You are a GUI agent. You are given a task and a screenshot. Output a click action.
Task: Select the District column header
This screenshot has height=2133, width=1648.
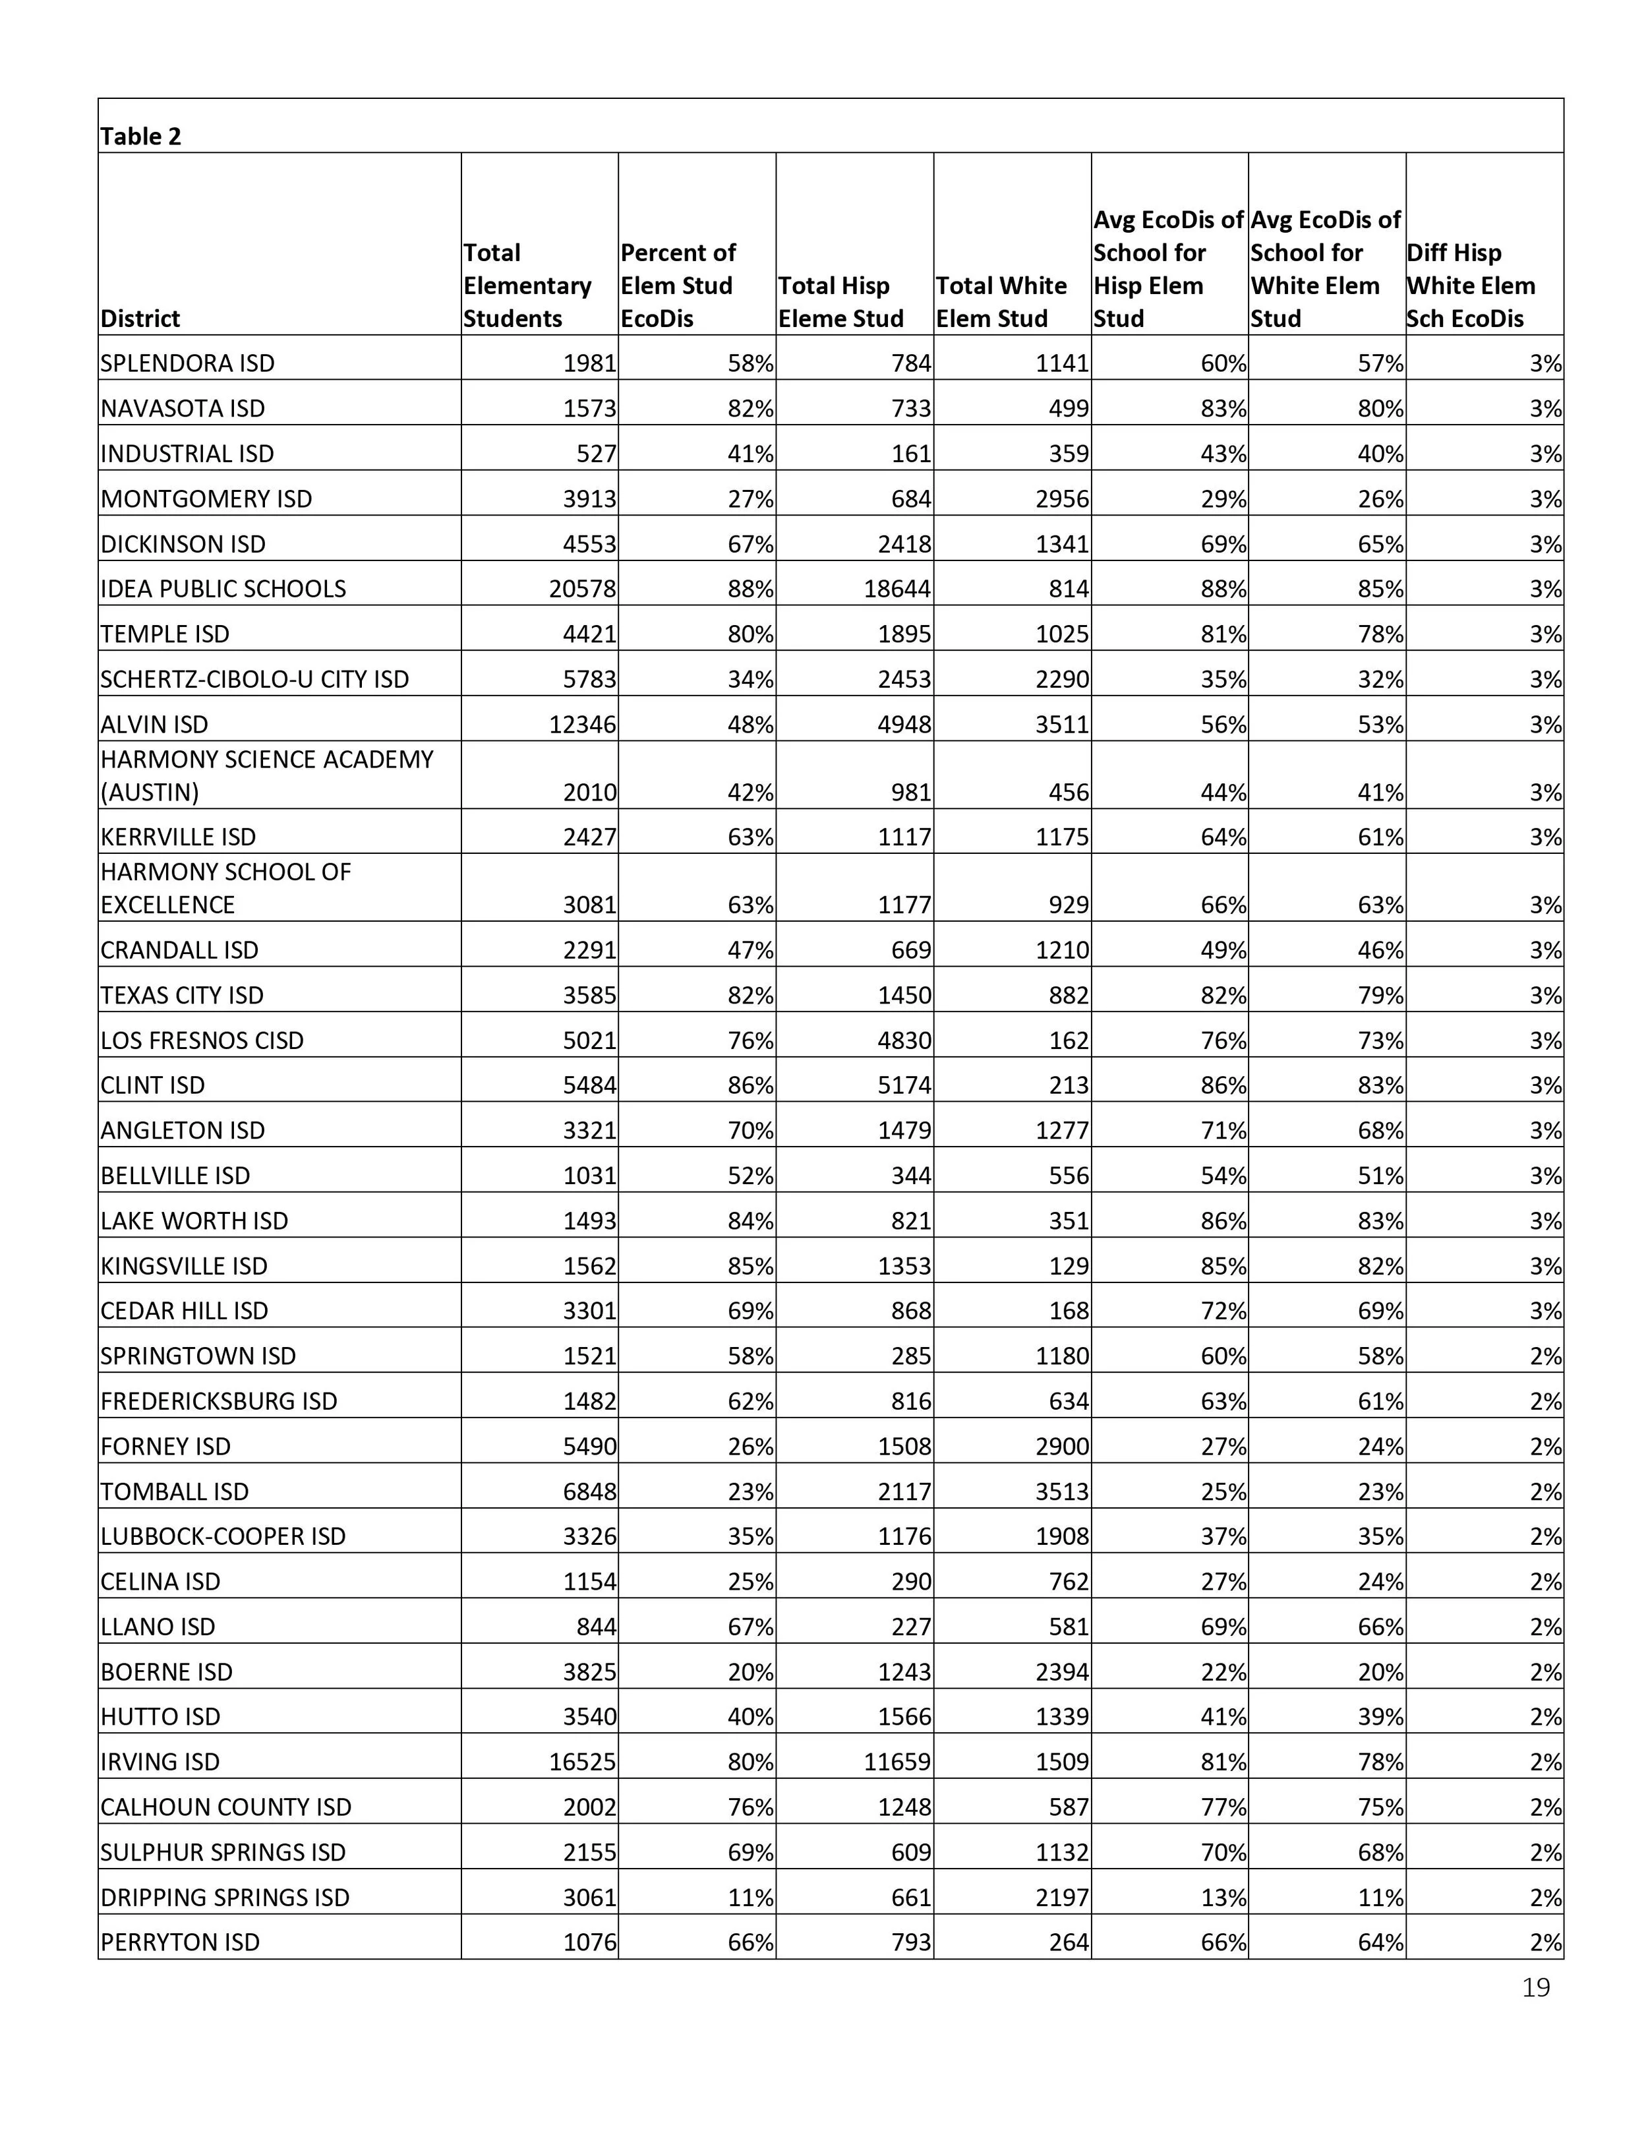[x=140, y=318]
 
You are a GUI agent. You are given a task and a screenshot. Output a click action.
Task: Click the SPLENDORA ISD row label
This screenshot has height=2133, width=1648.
[x=187, y=363]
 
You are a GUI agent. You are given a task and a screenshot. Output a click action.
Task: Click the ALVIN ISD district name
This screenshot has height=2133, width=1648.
[x=154, y=725]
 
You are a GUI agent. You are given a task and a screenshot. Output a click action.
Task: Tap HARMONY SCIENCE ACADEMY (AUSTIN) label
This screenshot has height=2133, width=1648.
[x=266, y=775]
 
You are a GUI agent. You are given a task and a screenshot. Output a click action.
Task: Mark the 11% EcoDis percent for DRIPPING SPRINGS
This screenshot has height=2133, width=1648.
[x=750, y=1898]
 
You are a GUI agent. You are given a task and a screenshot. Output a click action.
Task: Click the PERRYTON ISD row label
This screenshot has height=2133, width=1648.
[x=180, y=1942]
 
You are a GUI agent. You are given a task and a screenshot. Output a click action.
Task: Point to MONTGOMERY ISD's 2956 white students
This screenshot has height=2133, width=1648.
[x=1062, y=499]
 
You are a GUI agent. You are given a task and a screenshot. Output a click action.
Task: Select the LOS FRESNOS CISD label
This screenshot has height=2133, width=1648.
[x=202, y=1041]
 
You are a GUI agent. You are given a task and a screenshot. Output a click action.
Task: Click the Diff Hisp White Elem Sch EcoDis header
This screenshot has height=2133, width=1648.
[x=1470, y=285]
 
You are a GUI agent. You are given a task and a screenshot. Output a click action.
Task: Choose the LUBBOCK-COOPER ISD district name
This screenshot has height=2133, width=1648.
[x=223, y=1536]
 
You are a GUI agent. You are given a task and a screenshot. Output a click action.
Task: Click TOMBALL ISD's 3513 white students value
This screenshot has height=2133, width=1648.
[x=1062, y=1491]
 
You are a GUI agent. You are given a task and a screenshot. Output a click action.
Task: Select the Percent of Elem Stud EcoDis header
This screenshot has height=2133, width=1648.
[x=678, y=285]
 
